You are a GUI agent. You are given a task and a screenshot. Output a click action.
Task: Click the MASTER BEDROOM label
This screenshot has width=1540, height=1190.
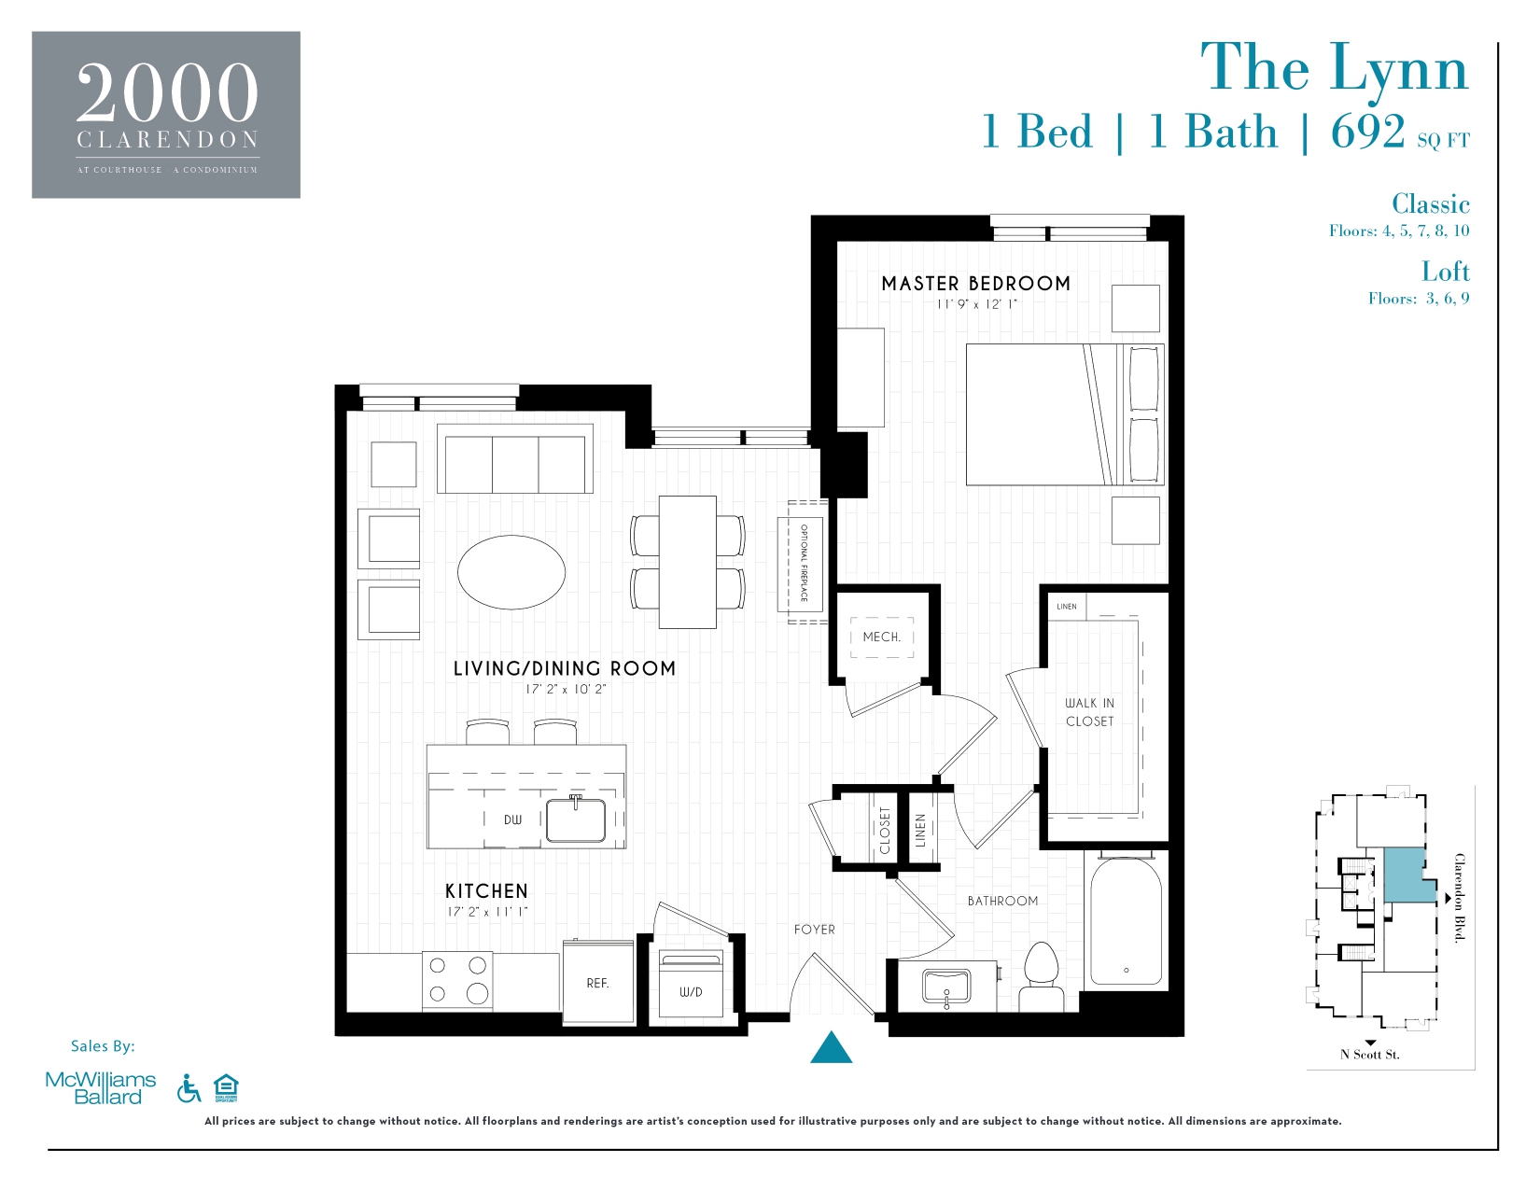tap(975, 284)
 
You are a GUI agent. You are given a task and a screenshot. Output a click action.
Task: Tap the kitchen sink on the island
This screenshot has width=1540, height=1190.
tap(575, 820)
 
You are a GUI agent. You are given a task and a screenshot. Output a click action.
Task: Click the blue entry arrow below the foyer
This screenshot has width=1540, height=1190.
tap(831, 1049)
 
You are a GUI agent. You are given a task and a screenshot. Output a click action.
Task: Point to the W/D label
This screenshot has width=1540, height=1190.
tap(691, 992)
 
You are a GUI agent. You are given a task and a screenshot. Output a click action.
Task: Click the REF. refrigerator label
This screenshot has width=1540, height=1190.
tap(597, 984)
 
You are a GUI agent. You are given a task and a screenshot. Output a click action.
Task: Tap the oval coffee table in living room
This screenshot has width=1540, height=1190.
tap(511, 572)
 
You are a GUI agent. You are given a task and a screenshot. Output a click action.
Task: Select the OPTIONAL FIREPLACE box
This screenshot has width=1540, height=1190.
tap(802, 563)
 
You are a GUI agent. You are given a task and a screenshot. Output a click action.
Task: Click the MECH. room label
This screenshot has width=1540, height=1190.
tap(881, 637)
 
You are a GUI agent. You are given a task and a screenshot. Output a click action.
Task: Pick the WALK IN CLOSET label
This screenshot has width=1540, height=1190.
tap(1089, 712)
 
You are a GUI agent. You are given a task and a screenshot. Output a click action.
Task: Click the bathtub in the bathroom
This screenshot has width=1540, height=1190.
tap(1126, 922)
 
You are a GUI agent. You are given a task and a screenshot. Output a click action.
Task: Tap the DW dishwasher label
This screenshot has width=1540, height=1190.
tap(512, 820)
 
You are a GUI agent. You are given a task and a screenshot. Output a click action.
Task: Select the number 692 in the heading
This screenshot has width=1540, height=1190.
tap(1367, 132)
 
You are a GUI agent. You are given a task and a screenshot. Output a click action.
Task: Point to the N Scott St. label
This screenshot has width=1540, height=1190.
tap(1369, 1055)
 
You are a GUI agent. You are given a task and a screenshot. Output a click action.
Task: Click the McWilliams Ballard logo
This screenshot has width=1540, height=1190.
tap(101, 1088)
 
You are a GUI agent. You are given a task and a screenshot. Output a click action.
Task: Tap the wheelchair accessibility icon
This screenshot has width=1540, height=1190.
tap(189, 1088)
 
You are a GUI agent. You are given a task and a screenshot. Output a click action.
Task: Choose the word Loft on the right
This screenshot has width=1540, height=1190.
tap(1445, 272)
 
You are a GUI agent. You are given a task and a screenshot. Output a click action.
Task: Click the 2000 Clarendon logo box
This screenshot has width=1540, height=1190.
tap(166, 115)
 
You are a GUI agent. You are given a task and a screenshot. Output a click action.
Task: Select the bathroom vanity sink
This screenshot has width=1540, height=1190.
tap(945, 987)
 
